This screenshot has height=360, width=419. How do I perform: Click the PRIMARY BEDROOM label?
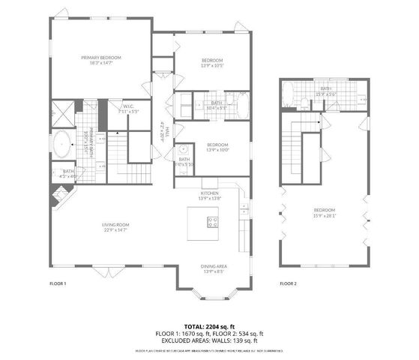tap(101, 58)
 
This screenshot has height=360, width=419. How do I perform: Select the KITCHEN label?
tap(209, 193)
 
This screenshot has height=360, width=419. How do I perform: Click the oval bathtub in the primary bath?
tap(61, 143)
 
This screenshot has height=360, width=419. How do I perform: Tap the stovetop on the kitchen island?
tap(213, 222)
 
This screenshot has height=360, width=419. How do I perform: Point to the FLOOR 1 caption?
tap(58, 283)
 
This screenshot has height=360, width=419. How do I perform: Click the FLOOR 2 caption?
tap(289, 283)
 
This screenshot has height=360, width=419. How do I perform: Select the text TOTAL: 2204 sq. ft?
tap(209, 327)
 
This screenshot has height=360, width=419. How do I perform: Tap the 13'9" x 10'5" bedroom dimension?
tap(213, 65)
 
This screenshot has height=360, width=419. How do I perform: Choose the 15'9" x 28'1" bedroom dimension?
tap(325, 214)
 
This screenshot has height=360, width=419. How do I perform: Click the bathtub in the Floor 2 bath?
tap(288, 94)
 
